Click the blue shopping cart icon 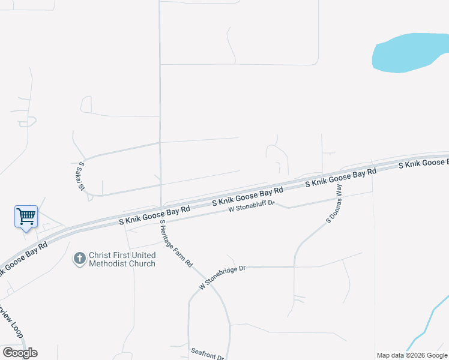[x=26, y=216]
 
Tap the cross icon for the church [x=79, y=259]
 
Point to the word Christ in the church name [x=101, y=255]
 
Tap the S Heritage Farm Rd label [x=175, y=243]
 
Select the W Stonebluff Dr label [x=251, y=206]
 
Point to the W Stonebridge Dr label [x=223, y=277]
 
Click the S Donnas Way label [x=334, y=204]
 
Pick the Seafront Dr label [x=208, y=353]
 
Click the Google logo [x=20, y=352]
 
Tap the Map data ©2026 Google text [x=412, y=355]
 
